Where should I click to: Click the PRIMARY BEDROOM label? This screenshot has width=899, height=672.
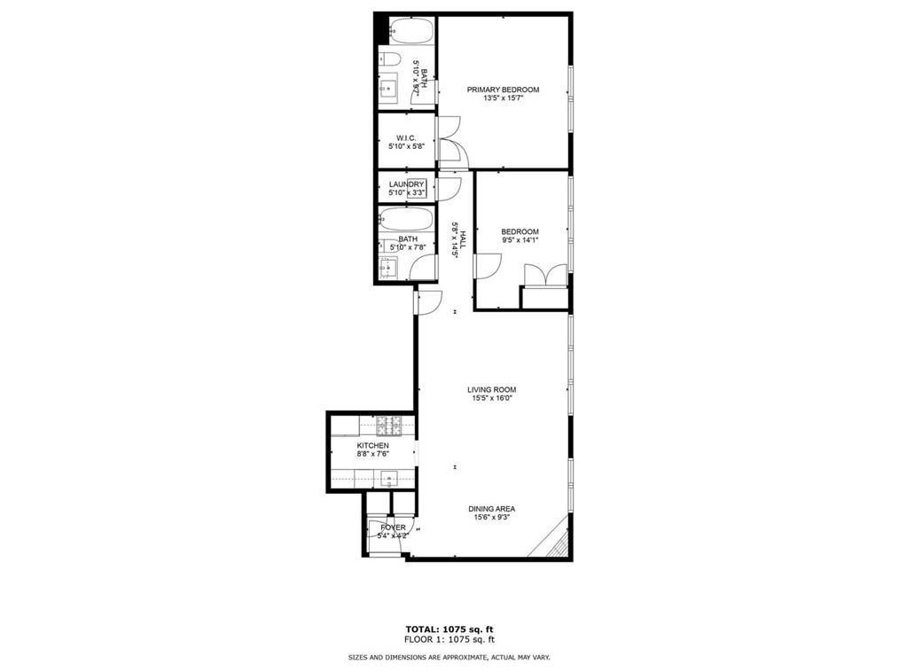pyautogui.click(x=503, y=90)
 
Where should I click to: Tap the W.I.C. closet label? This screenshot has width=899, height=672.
pyautogui.click(x=406, y=137)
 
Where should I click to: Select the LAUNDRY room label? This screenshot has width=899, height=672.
pyautogui.click(x=407, y=184)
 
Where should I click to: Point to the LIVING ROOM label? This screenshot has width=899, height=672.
pyautogui.click(x=491, y=389)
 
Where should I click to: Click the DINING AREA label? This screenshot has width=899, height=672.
pyautogui.click(x=492, y=509)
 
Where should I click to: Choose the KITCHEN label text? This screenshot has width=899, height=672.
pyautogui.click(x=372, y=445)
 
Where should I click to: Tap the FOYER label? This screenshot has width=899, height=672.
pyautogui.click(x=393, y=527)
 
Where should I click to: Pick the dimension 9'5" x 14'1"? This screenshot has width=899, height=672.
pyautogui.click(x=520, y=241)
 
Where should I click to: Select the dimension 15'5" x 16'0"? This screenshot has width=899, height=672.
pyautogui.click(x=491, y=399)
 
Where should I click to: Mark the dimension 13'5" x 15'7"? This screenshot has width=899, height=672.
pyautogui.click(x=503, y=98)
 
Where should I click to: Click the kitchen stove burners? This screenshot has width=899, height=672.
pyautogui.click(x=388, y=425)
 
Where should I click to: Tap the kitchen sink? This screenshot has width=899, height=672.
pyautogui.click(x=390, y=479)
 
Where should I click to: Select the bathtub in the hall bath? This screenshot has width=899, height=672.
pyautogui.click(x=405, y=220)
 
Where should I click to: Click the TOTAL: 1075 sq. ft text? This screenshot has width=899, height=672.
pyautogui.click(x=449, y=629)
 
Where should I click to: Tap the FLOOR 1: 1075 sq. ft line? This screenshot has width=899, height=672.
pyautogui.click(x=449, y=639)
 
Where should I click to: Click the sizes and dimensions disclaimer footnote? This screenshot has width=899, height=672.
pyautogui.click(x=449, y=658)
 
